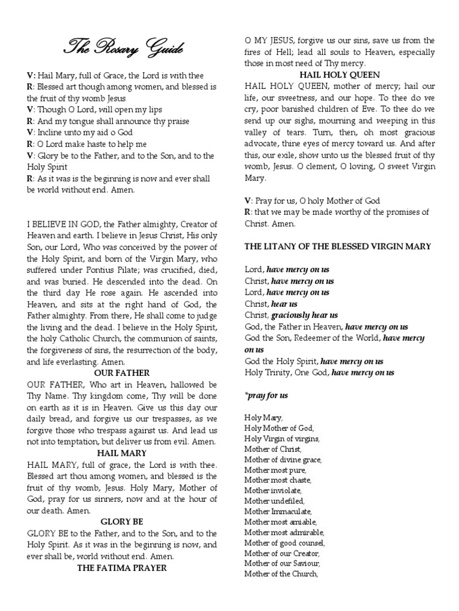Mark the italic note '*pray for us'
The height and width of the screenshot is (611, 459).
tap(267, 396)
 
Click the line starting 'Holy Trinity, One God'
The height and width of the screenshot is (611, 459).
tap(320, 372)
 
